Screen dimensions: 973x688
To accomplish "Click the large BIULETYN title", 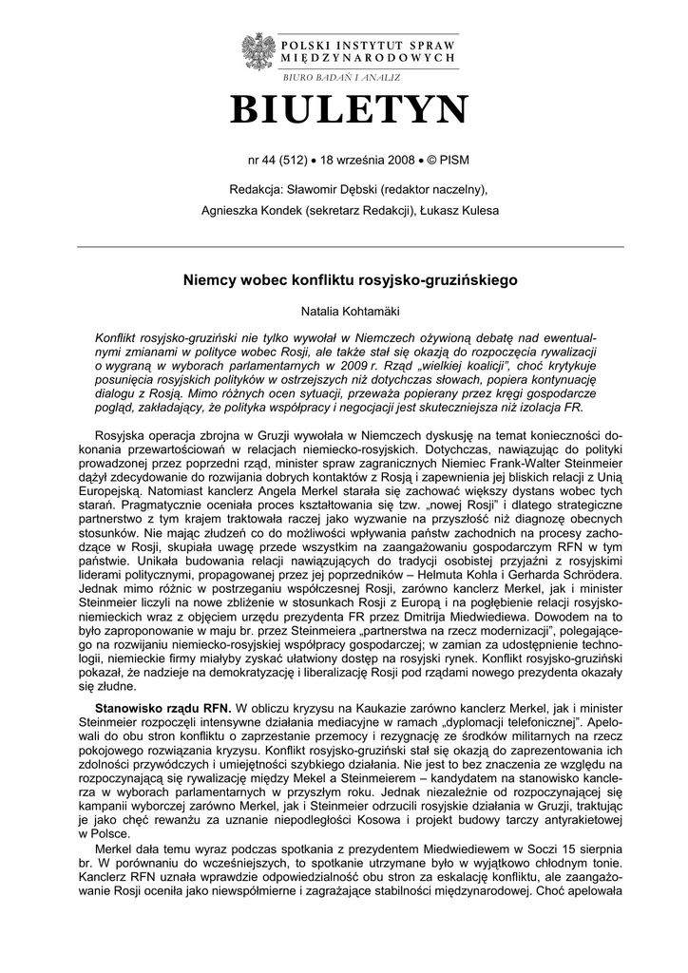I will (x=349, y=111).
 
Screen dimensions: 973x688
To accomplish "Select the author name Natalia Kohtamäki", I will (x=350, y=311).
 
